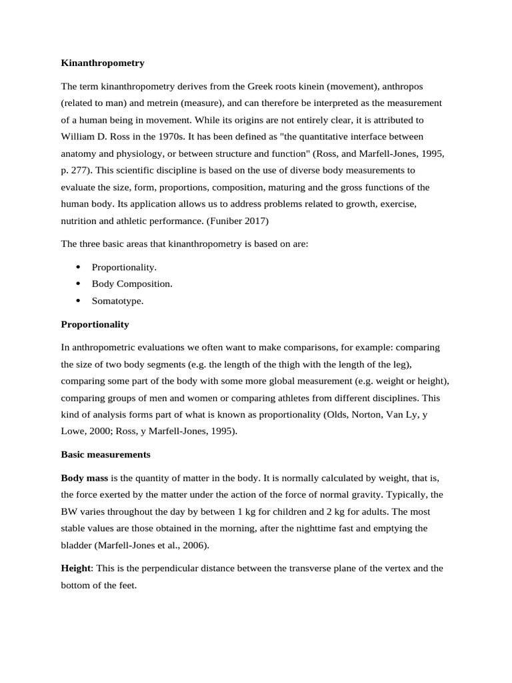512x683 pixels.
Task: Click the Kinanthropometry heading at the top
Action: pos(103,63)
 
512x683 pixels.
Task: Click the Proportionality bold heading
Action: pos(95,324)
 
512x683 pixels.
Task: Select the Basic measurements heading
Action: pos(105,455)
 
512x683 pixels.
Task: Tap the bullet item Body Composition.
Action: pos(132,284)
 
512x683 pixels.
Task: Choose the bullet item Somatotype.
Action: pos(117,301)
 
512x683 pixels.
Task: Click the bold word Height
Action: pos(75,568)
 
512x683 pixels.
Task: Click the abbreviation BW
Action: pos(69,512)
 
